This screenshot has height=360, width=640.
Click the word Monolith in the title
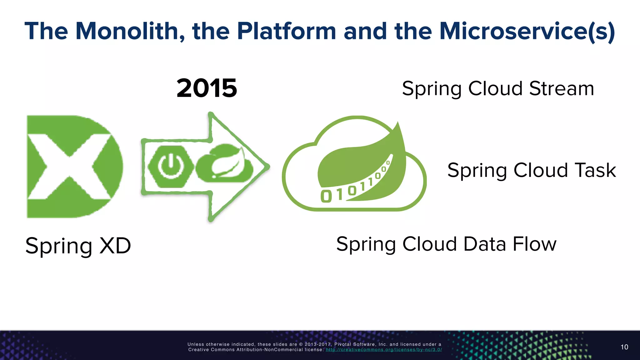[x=130, y=31]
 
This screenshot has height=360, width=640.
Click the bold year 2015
[x=207, y=88]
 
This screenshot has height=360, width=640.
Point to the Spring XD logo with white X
[x=74, y=167]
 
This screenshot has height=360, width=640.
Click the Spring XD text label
[x=78, y=246]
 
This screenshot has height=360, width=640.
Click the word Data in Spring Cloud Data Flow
[x=485, y=244]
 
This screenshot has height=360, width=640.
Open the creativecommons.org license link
[x=384, y=350]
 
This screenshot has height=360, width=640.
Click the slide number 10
[x=624, y=347]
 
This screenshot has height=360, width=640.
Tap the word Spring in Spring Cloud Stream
[x=432, y=89]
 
